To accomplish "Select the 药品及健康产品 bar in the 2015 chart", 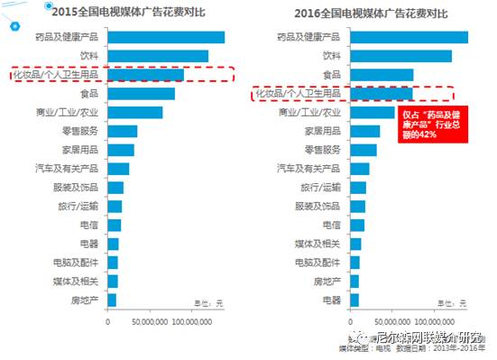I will tap(166, 37).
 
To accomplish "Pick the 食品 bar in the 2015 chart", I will tap(141, 94).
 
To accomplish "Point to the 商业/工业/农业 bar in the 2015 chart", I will tap(135, 113).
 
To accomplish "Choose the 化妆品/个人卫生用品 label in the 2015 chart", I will tap(56, 75).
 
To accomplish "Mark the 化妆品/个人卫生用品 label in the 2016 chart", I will tap(299, 94).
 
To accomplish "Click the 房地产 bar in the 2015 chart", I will tap(112, 300).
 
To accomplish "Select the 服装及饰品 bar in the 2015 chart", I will tap(115, 188).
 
